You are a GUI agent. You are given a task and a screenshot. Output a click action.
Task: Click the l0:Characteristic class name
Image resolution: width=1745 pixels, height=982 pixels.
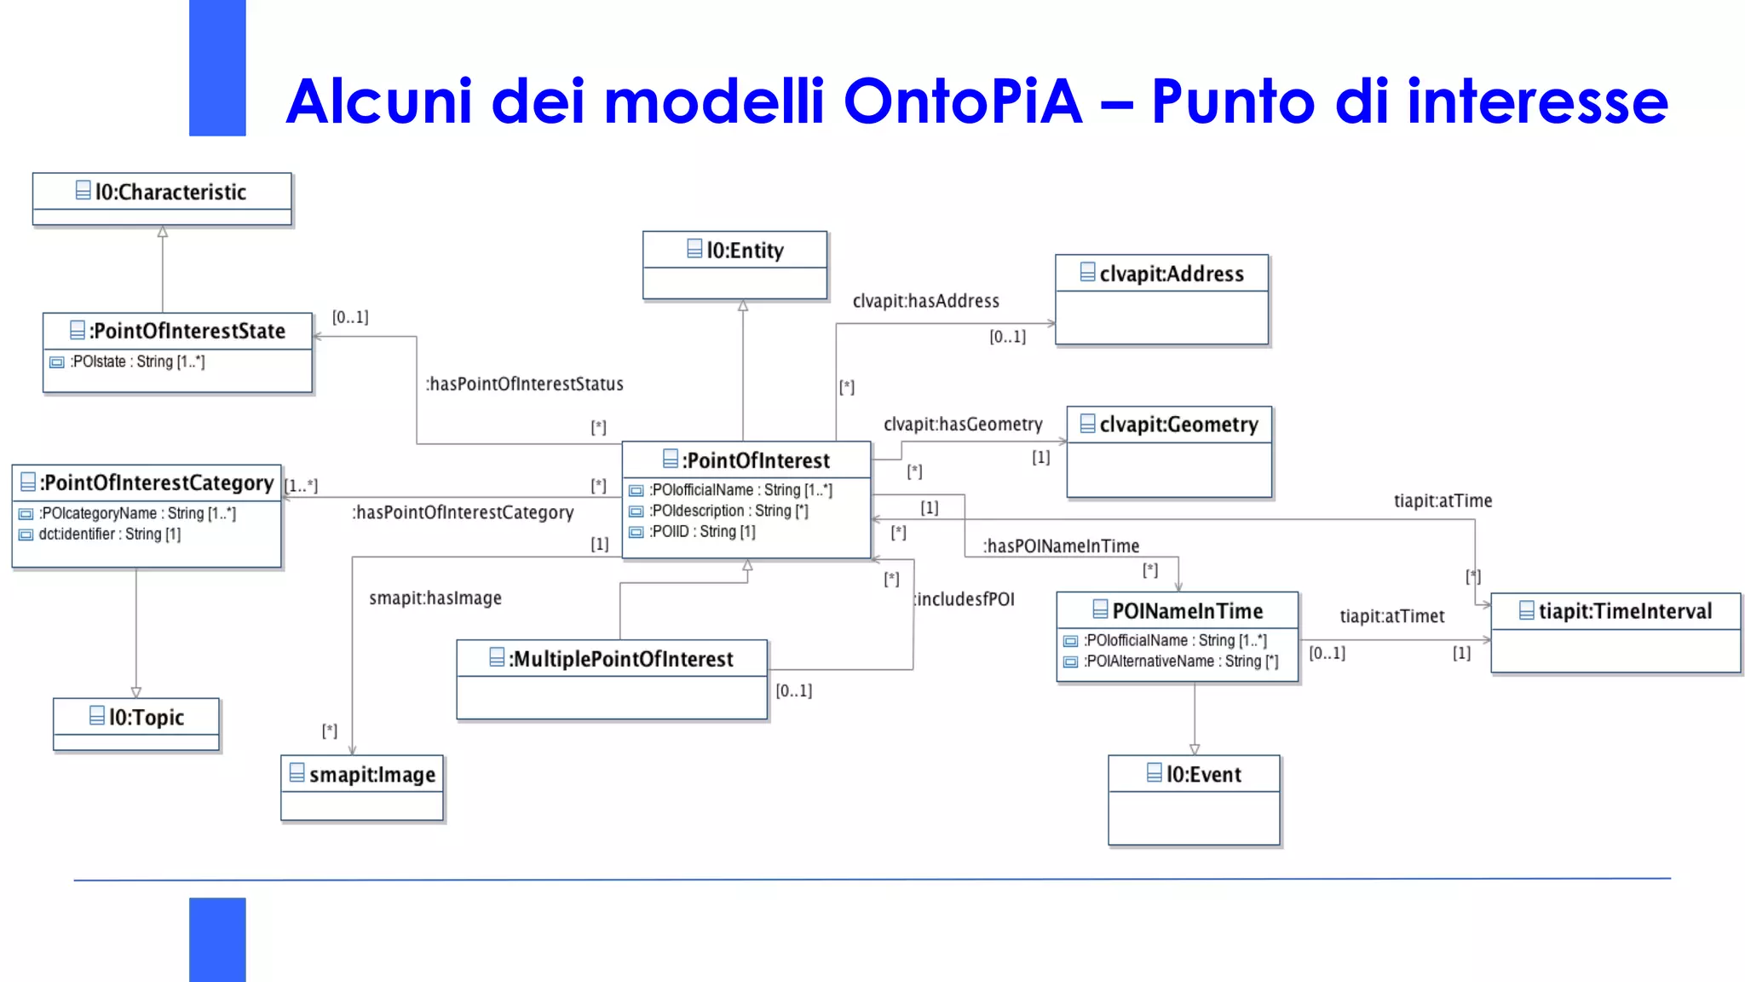170,192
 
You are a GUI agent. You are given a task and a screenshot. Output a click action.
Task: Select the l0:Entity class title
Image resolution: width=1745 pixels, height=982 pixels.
745,250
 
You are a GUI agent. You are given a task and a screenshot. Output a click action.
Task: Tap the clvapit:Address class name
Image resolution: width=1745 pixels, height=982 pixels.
1171,274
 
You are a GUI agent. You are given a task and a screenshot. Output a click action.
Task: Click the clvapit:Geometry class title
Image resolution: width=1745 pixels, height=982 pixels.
1178,425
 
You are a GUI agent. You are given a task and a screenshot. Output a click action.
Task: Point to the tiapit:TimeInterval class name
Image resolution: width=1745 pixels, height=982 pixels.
1624,611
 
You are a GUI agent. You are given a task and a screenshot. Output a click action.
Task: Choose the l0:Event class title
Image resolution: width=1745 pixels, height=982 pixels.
1203,774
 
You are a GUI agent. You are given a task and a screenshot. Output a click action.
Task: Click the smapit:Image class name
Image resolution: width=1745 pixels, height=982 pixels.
371,774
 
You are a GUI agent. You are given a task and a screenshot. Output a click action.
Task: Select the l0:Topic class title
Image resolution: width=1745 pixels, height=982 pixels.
146,717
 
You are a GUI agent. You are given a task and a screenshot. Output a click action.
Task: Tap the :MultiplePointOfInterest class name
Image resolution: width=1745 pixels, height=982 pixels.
620,659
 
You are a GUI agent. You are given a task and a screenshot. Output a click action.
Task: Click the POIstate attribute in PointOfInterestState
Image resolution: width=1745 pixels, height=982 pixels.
137,361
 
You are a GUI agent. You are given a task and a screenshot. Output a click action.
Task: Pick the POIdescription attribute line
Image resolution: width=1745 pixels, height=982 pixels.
729,511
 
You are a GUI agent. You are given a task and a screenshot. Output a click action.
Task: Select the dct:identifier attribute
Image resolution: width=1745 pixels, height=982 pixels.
109,534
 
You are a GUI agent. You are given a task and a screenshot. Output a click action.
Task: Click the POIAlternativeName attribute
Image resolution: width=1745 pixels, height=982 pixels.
1180,661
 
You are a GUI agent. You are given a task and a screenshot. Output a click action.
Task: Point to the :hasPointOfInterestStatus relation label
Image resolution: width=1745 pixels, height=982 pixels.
525,384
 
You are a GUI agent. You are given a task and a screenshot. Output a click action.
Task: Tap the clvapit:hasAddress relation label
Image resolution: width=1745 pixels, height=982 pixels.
925,301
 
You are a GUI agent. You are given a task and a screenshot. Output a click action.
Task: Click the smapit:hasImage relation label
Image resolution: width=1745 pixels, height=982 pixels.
435,598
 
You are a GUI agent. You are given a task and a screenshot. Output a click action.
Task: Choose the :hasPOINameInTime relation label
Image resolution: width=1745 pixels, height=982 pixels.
1061,546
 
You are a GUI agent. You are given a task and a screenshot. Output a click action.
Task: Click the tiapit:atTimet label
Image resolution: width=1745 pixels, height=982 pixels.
1391,616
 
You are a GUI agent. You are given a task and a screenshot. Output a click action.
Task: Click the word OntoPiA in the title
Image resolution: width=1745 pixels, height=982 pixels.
962,101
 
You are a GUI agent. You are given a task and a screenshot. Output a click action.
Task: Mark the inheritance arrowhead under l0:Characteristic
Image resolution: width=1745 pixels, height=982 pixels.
163,231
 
